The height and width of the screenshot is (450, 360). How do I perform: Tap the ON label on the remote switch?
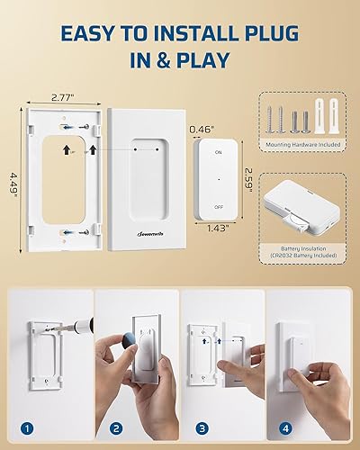218,153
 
